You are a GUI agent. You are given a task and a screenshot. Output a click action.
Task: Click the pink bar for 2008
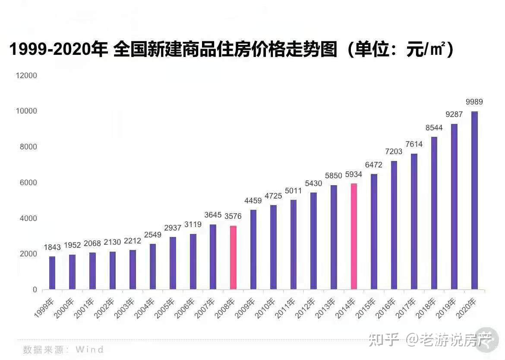click(x=233, y=257)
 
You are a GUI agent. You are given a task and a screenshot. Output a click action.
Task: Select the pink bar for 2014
click(x=353, y=236)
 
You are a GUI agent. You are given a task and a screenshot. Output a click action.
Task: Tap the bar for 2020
click(x=474, y=200)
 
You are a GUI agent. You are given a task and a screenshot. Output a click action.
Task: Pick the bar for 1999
click(x=52, y=273)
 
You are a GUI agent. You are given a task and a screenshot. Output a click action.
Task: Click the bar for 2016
click(x=394, y=225)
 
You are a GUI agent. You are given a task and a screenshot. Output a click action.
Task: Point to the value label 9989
click(x=474, y=102)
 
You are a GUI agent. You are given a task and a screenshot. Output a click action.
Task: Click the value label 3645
click(x=213, y=215)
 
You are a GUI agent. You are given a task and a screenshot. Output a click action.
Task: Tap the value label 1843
click(x=52, y=247)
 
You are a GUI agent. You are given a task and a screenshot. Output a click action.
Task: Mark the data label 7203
click(x=393, y=152)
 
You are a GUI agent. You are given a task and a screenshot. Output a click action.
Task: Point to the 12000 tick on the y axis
click(x=27, y=76)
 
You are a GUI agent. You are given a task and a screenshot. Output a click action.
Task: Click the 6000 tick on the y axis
click(x=28, y=183)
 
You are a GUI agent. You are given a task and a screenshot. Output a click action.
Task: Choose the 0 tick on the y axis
click(x=35, y=290)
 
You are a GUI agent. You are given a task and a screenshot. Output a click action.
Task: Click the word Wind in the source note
click(x=90, y=349)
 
